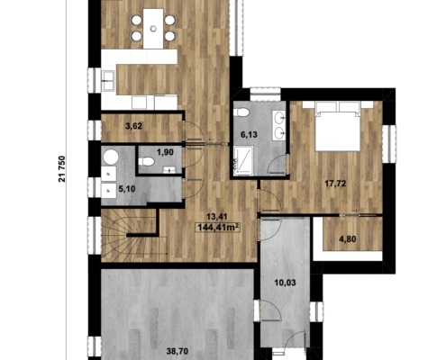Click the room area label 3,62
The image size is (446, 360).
[x=133, y=126]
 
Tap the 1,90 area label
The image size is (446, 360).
[x=165, y=152]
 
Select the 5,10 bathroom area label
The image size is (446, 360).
[x=127, y=189]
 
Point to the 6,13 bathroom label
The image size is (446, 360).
[x=249, y=135]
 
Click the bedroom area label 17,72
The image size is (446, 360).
[x=335, y=184]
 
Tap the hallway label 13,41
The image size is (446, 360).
[x=216, y=217]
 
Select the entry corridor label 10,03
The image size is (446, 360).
[x=285, y=283]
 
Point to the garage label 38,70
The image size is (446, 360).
[x=177, y=350]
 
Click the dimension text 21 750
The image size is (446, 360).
[x=62, y=169]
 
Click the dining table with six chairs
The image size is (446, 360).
[x=153, y=29]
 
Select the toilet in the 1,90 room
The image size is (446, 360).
[x=147, y=162]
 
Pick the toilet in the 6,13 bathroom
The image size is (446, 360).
[x=241, y=112]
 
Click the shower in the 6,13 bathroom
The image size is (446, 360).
[x=243, y=160]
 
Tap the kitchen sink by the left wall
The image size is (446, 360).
[x=108, y=81]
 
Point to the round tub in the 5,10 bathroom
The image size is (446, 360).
[x=110, y=157]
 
